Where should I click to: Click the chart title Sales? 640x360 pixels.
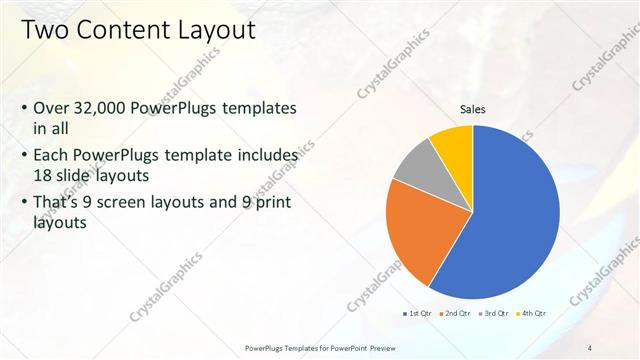(473, 110)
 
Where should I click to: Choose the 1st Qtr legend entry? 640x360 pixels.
(417, 314)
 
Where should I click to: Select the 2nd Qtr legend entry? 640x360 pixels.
(457, 314)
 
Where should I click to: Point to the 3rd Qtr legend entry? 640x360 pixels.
(495, 314)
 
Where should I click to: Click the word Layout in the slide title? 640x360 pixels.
(214, 30)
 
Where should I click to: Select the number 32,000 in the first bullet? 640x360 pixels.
(103, 109)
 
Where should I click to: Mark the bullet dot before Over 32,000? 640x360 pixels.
(23, 109)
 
